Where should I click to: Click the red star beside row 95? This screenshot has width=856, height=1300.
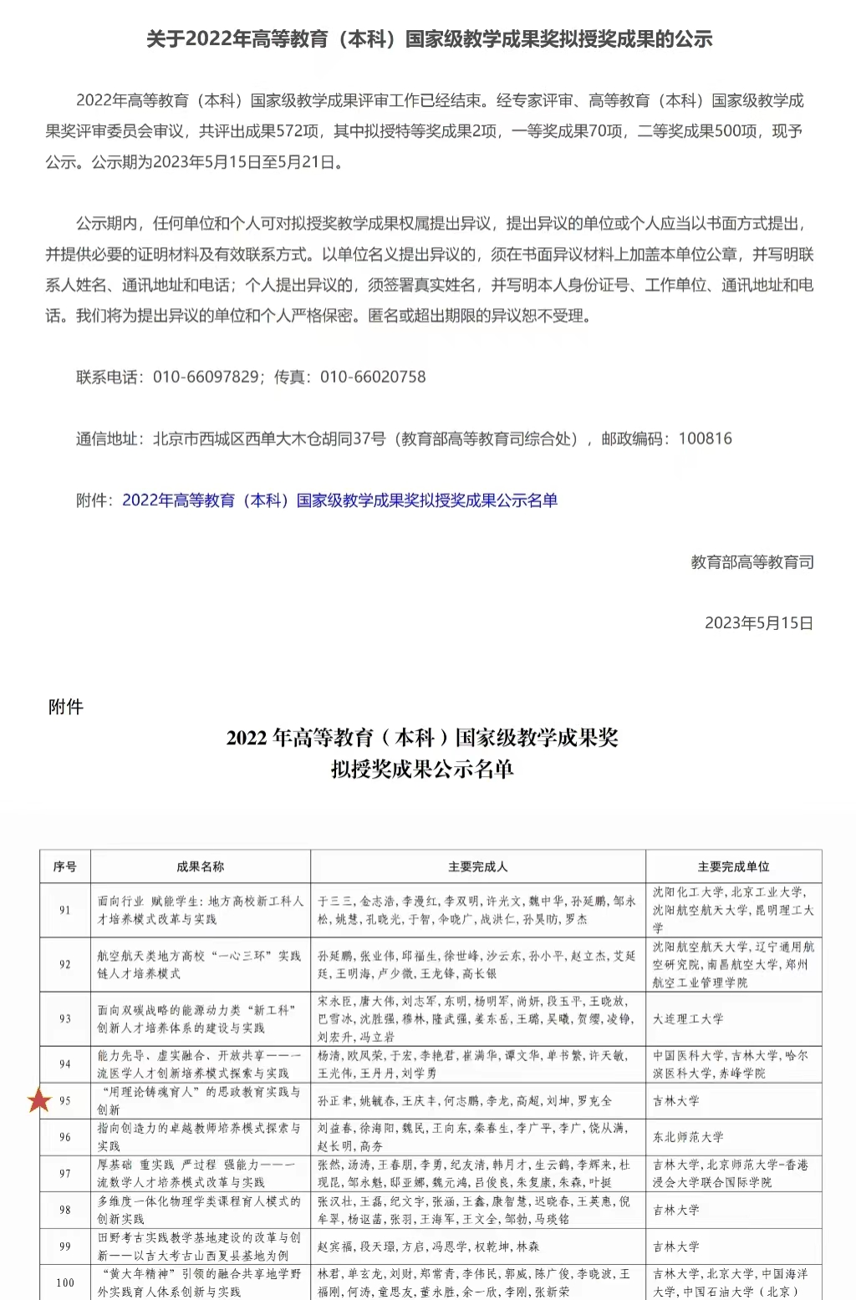click(x=39, y=1100)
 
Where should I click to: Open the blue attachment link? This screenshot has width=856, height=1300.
click(x=339, y=500)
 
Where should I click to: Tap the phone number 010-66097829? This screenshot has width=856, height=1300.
click(x=206, y=377)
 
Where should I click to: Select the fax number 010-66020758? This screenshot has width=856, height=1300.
click(x=373, y=377)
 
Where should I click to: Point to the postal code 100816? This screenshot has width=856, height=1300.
click(x=705, y=439)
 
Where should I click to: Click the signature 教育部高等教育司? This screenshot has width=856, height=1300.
click(x=752, y=562)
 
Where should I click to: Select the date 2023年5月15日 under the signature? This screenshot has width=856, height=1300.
click(x=758, y=623)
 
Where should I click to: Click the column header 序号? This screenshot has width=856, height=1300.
click(x=65, y=866)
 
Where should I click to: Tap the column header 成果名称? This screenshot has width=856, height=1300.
click(x=201, y=866)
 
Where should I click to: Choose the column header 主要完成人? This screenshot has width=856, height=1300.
click(x=477, y=866)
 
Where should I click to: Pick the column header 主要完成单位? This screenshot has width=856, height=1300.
click(x=733, y=866)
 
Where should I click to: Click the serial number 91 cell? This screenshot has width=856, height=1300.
click(x=65, y=910)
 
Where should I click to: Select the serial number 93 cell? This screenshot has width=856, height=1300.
click(x=65, y=1018)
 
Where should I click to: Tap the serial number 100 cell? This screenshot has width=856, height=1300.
click(x=65, y=1282)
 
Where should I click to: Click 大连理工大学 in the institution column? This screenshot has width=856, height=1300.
click(x=688, y=1018)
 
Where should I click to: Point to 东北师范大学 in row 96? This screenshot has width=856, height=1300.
click(x=688, y=1137)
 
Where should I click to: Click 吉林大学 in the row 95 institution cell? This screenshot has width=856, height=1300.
click(x=676, y=1101)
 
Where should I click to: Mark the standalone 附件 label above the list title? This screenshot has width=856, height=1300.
click(x=66, y=707)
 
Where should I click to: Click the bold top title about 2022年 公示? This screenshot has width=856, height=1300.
click(x=429, y=39)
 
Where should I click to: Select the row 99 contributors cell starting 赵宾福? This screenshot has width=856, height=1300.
click(x=428, y=1247)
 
